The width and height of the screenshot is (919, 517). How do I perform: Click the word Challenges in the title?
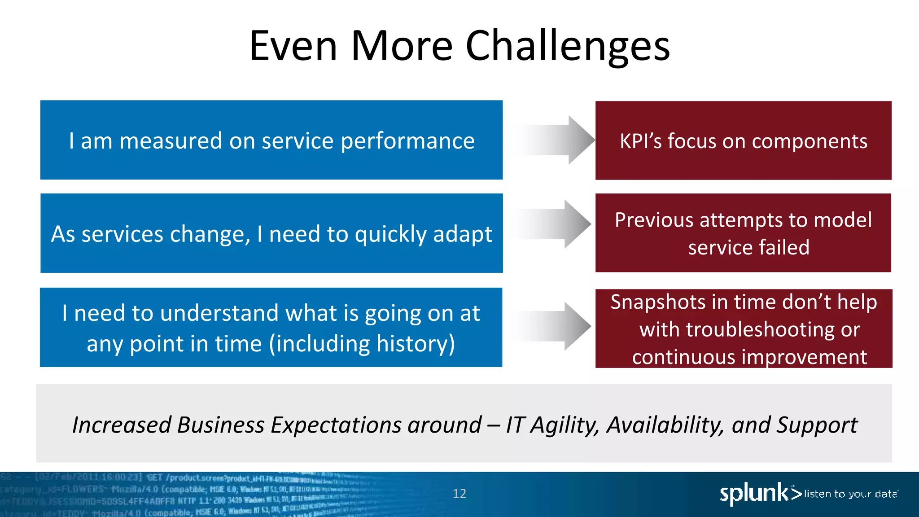pyautogui.click(x=567, y=46)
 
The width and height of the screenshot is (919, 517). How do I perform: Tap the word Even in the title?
pyautogui.click(x=293, y=46)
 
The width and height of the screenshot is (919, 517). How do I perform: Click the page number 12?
pyautogui.click(x=459, y=494)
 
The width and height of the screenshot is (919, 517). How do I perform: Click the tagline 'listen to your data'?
pyautogui.click(x=851, y=494)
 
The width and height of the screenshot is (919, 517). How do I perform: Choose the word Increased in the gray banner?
pyautogui.click(x=122, y=425)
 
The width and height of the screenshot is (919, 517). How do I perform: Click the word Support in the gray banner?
pyautogui.click(x=817, y=425)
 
